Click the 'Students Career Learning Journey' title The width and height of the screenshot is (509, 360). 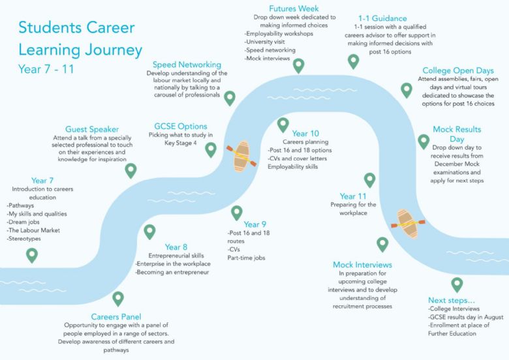80,38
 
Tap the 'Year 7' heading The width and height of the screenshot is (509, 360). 42,181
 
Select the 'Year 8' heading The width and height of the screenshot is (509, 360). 176,247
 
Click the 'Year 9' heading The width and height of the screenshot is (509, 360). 254,224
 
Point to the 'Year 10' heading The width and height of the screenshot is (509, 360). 305,134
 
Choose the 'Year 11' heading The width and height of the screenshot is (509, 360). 353,196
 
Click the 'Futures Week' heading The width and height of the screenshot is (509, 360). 294,8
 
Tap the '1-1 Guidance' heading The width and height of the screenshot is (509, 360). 382,18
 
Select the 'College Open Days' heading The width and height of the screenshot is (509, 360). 458,70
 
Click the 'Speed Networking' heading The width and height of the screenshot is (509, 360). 187,65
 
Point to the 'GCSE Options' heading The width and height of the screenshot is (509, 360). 181,127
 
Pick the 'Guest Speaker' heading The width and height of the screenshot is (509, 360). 92,129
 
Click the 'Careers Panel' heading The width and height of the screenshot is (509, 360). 116,317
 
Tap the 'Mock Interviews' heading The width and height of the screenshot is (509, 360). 362,265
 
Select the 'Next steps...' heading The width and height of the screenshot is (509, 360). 451,301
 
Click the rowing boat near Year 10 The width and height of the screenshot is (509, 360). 241,156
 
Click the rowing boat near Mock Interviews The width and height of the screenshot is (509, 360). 408,224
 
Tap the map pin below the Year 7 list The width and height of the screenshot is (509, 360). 32,255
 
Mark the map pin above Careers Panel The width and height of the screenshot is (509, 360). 118,298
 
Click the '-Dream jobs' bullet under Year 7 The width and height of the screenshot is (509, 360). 23,222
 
